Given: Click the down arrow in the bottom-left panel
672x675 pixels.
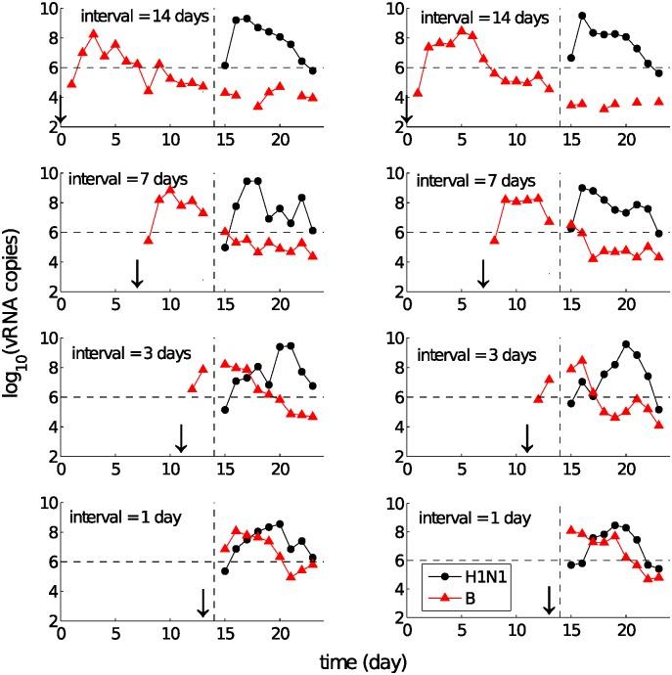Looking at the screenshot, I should point(202,603).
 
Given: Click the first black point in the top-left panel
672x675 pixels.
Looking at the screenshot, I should point(225,66).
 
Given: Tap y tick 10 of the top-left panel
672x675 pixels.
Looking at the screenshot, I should point(46,9).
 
